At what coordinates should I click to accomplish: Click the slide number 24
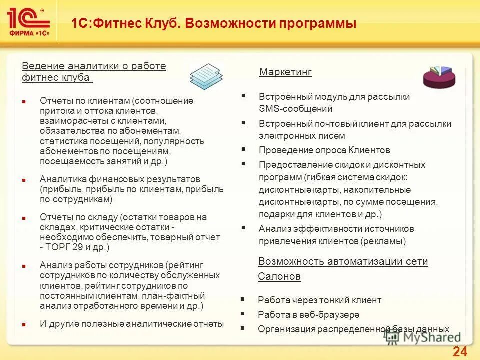tap(460, 351)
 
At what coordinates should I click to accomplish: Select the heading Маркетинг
tap(285, 72)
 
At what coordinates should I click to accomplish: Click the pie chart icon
tap(439, 77)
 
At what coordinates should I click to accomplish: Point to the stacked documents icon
tap(206, 76)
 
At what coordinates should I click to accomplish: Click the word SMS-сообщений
tap(296, 109)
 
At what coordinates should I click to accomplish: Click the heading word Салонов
tap(279, 276)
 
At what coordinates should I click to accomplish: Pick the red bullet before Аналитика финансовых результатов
tap(23, 179)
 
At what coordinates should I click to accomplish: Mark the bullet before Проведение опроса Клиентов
tap(243, 149)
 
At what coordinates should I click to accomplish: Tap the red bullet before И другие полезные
tap(23, 324)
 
